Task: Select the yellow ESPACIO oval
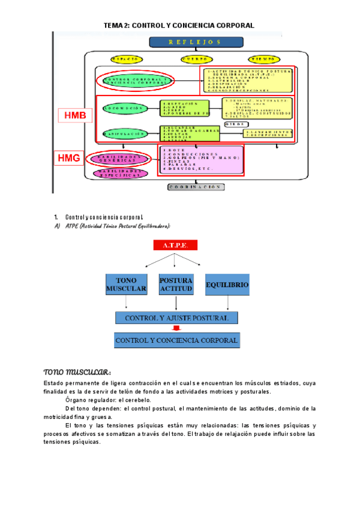point(127,59)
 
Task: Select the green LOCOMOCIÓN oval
point(125,109)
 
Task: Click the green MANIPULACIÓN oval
point(125,133)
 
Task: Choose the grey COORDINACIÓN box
point(196,187)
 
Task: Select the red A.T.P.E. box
point(175,245)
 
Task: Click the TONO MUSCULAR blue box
point(126,285)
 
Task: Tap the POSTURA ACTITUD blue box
point(176,285)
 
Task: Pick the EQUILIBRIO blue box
point(227,284)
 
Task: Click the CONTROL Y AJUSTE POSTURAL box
point(176,318)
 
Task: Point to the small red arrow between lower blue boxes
point(176,328)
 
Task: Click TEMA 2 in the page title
point(116,26)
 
